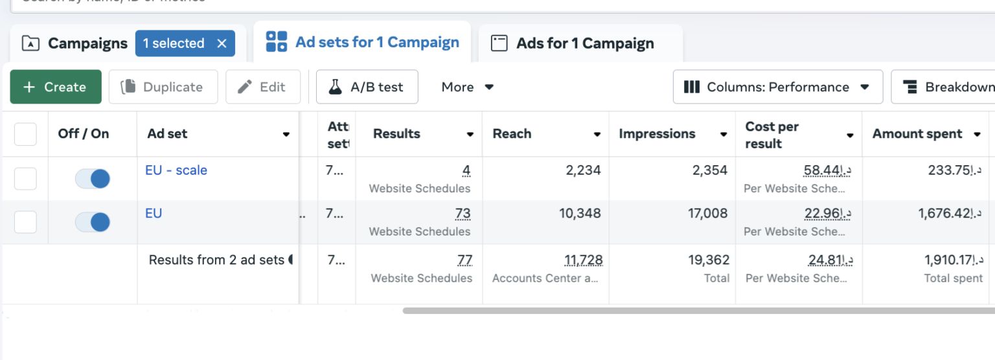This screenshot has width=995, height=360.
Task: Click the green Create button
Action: pyautogui.click(x=56, y=87)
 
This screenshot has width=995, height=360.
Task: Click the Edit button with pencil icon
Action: pyautogui.click(x=263, y=87)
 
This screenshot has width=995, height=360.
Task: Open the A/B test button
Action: pyautogui.click(x=367, y=87)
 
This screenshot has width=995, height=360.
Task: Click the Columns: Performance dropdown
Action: pyautogui.click(x=777, y=87)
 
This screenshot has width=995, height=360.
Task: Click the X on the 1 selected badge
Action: pyautogui.click(x=222, y=43)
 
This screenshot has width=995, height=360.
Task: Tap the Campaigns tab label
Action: pyautogui.click(x=87, y=43)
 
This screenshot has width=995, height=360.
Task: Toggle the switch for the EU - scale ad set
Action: pyautogui.click(x=93, y=179)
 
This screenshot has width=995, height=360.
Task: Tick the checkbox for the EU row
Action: pyautogui.click(x=25, y=222)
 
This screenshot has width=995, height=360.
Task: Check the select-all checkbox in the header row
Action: pyautogui.click(x=25, y=134)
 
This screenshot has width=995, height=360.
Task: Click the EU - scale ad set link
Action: pyautogui.click(x=176, y=170)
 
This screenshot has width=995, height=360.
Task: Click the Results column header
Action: pyautogui.click(x=396, y=134)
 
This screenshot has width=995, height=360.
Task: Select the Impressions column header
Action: pyautogui.click(x=657, y=134)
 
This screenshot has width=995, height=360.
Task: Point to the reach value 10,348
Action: pyautogui.click(x=580, y=213)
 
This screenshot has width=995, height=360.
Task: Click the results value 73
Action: pyautogui.click(x=463, y=213)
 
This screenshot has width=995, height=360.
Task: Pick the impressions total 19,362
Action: pyautogui.click(x=709, y=260)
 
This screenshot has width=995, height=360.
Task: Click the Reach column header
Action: pyautogui.click(x=512, y=134)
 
